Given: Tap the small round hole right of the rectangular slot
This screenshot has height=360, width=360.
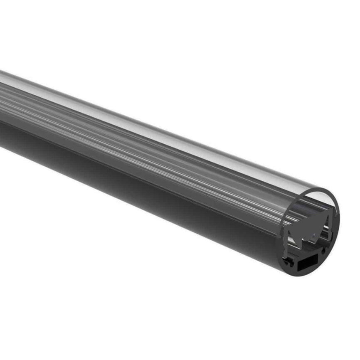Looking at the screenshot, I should [323, 251].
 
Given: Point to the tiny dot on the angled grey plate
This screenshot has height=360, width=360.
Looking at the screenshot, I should [314, 234].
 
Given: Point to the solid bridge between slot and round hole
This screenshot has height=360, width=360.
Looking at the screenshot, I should [319, 256].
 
